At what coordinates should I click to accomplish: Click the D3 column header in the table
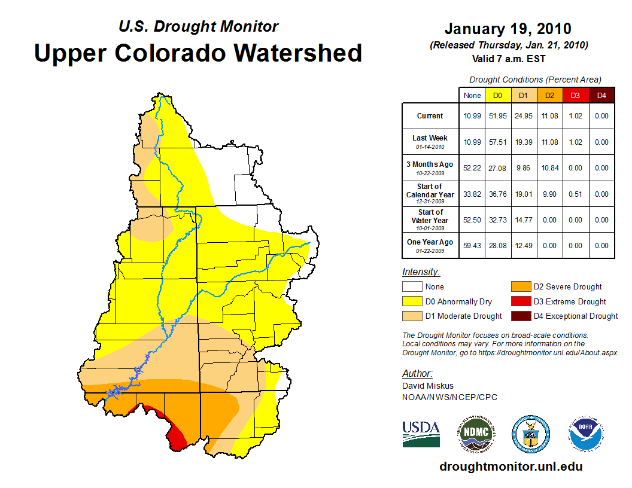click(575, 95)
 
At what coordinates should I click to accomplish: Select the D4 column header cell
click(601, 95)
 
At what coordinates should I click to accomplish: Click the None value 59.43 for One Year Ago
click(472, 246)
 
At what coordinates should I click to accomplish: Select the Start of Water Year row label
click(430, 219)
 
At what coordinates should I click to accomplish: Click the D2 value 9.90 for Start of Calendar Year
click(549, 194)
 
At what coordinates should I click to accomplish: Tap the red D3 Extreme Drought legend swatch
click(519, 301)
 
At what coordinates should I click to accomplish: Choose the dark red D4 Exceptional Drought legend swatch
click(519, 316)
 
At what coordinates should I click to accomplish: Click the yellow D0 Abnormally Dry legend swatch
click(411, 301)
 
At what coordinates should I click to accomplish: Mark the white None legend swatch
click(411, 287)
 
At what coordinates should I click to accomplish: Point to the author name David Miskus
click(427, 386)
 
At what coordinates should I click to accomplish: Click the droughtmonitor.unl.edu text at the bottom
click(511, 466)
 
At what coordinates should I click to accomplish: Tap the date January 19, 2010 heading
click(508, 29)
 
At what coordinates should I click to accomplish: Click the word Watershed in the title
click(297, 53)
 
